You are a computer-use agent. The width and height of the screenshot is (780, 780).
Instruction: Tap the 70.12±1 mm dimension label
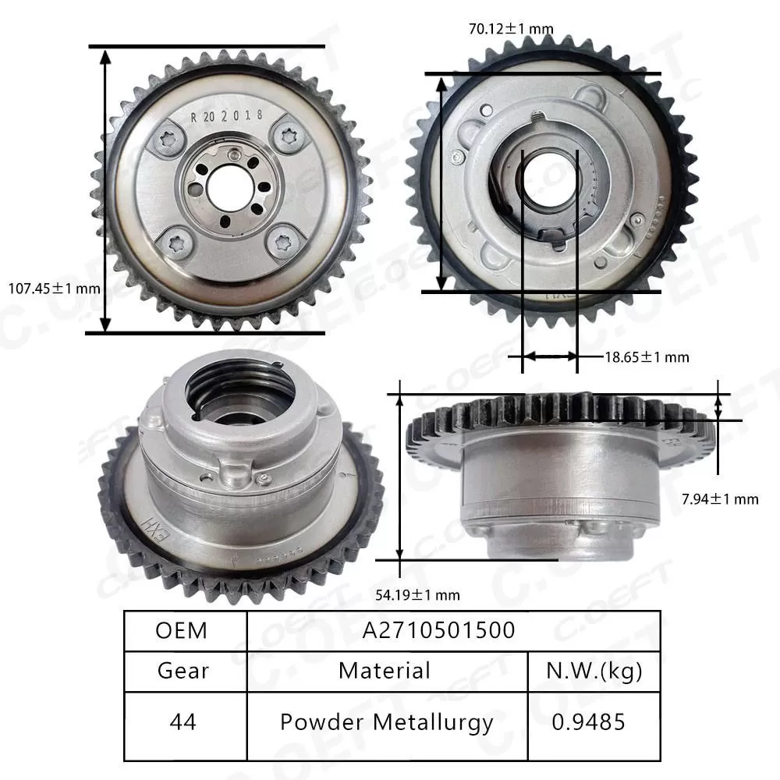pos(511,30)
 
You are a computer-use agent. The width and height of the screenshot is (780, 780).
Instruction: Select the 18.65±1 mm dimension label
pos(647,357)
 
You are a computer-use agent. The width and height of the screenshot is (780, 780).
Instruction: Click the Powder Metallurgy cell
pos(386,722)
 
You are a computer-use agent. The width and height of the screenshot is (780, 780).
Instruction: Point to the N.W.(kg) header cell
pos(594,670)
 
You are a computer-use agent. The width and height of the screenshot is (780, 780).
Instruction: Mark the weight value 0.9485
pos(594,722)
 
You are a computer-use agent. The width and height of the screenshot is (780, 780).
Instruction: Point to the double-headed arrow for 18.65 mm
pos(549,356)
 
